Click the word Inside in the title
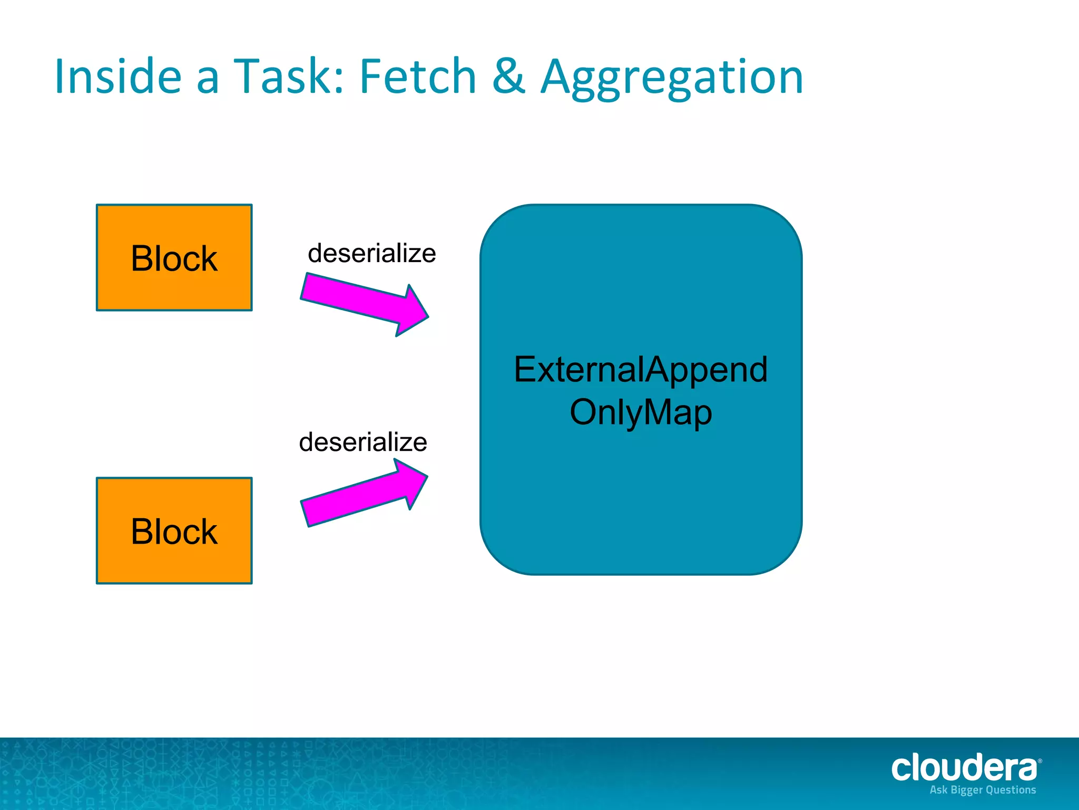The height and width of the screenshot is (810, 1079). (118, 77)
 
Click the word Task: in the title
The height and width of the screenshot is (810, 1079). (288, 77)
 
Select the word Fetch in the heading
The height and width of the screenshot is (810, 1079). (418, 77)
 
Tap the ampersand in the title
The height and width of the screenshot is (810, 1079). (508, 77)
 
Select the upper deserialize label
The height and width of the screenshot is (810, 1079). (371, 254)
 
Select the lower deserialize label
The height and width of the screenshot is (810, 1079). (362, 442)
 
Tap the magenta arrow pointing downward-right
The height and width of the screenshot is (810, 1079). (364, 303)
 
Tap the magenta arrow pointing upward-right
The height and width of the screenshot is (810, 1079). (364, 494)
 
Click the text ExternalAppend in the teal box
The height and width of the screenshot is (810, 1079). (641, 370)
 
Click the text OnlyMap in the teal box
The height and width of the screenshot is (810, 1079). (641, 412)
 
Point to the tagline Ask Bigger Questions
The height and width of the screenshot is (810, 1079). (983, 790)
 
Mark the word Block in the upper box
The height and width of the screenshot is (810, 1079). (174, 258)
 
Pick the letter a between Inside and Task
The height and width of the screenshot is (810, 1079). (208, 80)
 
